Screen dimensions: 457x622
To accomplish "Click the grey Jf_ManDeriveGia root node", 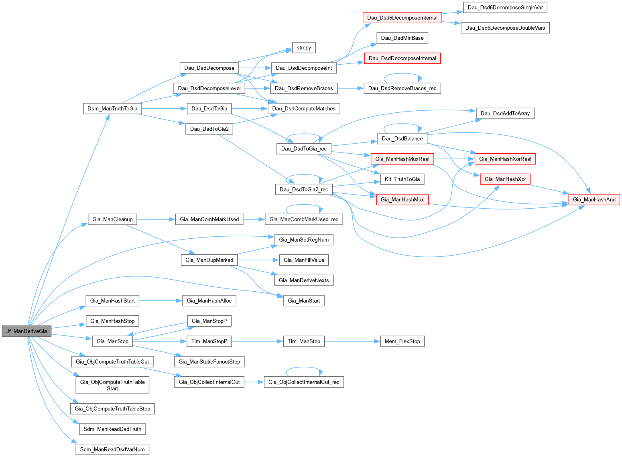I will tap(26, 331).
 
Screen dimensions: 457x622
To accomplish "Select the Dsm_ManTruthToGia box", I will tap(112, 108).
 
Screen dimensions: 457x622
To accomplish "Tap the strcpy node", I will tap(304, 48).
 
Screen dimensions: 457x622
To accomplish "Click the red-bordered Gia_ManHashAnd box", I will tap(594, 199).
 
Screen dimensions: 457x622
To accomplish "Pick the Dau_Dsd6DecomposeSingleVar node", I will tap(505, 7).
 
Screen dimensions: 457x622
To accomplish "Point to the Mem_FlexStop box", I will tap(402, 341).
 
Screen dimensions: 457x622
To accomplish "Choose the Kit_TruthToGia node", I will tap(402, 179).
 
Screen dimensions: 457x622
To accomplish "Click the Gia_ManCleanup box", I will tap(112, 219).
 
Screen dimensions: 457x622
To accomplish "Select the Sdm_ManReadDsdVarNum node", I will tap(112, 449).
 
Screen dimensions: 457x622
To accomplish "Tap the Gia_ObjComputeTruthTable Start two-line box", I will tap(112, 385).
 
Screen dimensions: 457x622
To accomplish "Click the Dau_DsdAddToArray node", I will tap(505, 114).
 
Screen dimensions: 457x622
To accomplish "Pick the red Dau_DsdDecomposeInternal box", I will tap(402, 58).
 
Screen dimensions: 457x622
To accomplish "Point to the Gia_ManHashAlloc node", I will tap(209, 301).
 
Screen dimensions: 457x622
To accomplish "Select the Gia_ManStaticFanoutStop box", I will tap(209, 362).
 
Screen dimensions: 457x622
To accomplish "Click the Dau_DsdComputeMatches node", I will tap(304, 108).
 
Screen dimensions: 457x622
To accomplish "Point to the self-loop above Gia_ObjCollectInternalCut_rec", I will tap(304, 368).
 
